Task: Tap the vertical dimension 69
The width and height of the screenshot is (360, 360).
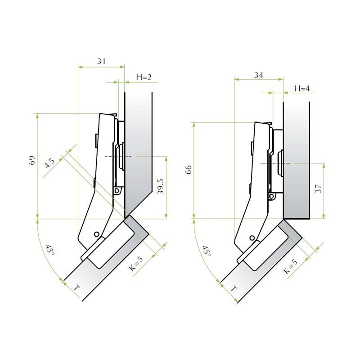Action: [x=31, y=161]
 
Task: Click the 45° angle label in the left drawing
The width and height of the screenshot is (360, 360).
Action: [x=49, y=251]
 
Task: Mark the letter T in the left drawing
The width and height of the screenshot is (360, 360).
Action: [x=77, y=287]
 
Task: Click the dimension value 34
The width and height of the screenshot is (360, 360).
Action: [x=258, y=75]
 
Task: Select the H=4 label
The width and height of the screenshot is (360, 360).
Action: [x=302, y=88]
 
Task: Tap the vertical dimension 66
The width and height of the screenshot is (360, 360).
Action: [x=189, y=170]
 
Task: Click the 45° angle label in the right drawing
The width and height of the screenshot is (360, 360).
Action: [x=206, y=251]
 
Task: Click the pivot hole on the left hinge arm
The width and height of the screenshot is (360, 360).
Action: [x=96, y=234]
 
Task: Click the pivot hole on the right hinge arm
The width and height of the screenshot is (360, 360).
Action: [x=252, y=238]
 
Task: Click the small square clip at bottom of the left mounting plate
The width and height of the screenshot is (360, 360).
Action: [x=118, y=191]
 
